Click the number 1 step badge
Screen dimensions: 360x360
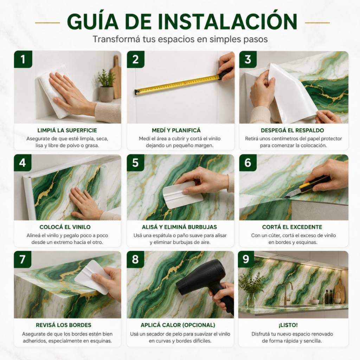tap(23, 59)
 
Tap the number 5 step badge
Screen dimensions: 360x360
tap(135, 163)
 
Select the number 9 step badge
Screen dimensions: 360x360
tap(246, 259)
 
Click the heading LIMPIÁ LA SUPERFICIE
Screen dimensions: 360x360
tap(67, 130)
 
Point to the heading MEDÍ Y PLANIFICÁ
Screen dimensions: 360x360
tap(176, 130)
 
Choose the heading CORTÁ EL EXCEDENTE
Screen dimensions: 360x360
tap(292, 227)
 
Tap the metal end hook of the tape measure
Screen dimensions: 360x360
tap(137, 92)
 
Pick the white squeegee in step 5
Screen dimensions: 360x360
tap(182, 195)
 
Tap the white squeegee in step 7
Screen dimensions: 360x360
tap(93, 277)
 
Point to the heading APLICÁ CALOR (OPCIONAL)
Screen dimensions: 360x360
tap(178, 325)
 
